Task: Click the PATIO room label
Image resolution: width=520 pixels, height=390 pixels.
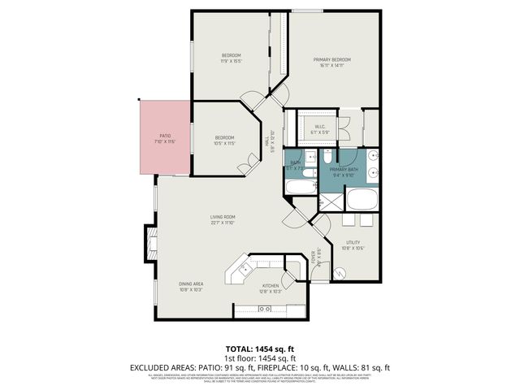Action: (165, 139)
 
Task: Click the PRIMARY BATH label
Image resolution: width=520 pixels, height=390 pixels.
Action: (343, 170)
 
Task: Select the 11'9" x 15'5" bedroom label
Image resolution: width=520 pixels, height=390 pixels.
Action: (232, 58)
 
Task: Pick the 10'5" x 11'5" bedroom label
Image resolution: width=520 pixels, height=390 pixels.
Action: (224, 140)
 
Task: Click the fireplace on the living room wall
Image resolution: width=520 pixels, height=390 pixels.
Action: (150, 241)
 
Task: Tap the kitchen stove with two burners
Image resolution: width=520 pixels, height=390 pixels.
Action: (264, 309)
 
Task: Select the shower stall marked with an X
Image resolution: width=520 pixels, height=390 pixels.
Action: (331, 200)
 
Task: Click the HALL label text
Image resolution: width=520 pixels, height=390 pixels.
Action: (269, 142)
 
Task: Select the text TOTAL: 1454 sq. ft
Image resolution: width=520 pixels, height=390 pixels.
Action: (260, 348)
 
